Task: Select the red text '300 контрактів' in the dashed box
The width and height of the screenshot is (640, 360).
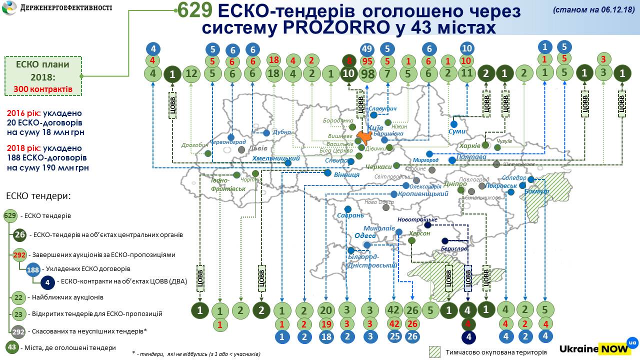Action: pyautogui.click(x=43, y=90)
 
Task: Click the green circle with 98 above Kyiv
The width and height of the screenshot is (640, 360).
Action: pyautogui.click(x=368, y=74)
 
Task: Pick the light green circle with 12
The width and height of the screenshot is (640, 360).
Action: pyautogui.click(x=192, y=74)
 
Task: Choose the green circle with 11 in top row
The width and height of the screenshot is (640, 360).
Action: pyautogui.click(x=466, y=74)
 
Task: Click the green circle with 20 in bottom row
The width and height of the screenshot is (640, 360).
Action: pyautogui.click(x=325, y=310)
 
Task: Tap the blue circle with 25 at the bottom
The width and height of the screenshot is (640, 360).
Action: pyautogui.click(x=394, y=336)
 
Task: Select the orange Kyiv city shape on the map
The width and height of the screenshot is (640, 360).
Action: pyautogui.click(x=365, y=136)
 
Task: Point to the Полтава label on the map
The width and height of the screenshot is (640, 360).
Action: pyautogui.click(x=468, y=157)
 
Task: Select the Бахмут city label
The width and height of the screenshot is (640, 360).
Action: pyautogui.click(x=537, y=191)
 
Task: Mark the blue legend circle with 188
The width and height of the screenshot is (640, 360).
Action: pyautogui.click(x=33, y=270)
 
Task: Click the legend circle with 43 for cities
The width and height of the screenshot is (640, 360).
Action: pyautogui.click(x=12, y=347)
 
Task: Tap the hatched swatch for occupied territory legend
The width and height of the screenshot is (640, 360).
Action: pyautogui.click(x=434, y=351)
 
